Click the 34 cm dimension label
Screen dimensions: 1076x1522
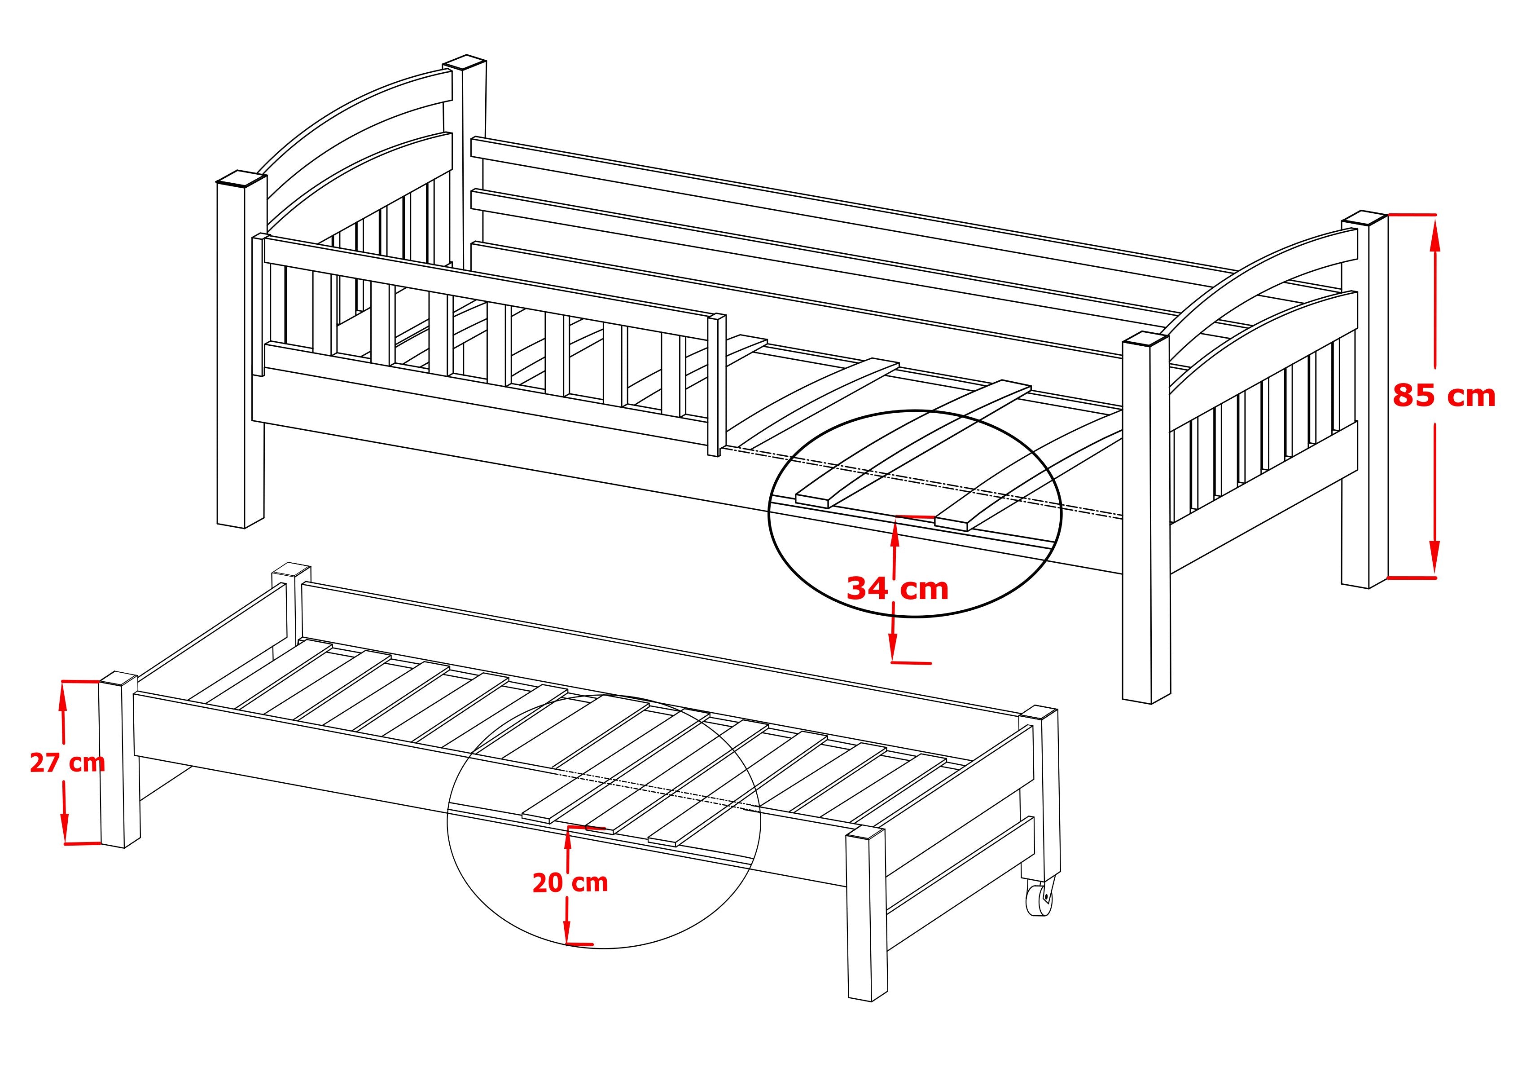[x=898, y=588]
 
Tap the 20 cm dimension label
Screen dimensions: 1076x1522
[x=570, y=882]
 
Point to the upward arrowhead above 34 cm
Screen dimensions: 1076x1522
[x=895, y=531]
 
